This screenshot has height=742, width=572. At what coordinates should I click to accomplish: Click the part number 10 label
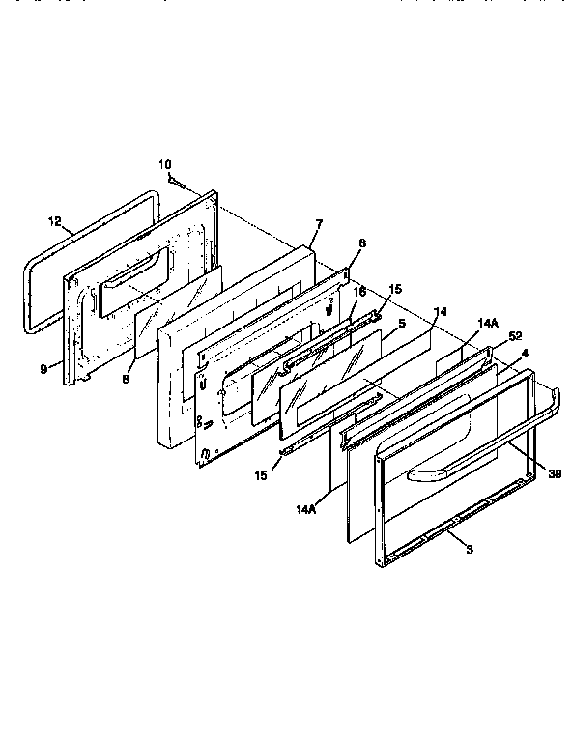tap(164, 164)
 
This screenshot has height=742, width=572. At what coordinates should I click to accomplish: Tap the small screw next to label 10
tap(175, 180)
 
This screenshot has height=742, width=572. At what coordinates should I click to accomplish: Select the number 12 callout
tap(54, 221)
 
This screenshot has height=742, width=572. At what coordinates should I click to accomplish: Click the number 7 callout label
tap(317, 224)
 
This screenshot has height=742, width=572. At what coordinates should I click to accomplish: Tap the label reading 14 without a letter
tap(440, 311)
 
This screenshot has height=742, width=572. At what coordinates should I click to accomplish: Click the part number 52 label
tap(514, 336)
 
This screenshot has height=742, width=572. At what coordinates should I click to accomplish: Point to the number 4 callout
tap(525, 353)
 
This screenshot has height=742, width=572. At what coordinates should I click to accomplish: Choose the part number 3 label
tap(469, 549)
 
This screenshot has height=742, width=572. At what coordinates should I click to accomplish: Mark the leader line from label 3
tap(457, 537)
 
